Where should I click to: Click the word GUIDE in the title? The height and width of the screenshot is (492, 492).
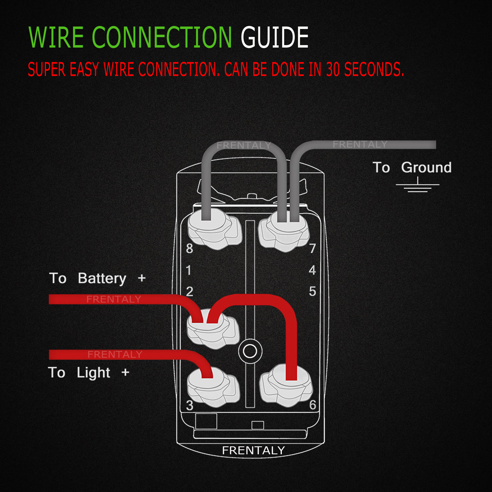(274, 37)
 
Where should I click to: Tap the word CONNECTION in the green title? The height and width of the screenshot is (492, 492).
(162, 37)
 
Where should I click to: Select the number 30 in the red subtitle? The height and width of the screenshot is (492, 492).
(333, 69)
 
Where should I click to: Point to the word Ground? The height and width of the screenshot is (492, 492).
(426, 167)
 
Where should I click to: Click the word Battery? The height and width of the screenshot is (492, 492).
(102, 279)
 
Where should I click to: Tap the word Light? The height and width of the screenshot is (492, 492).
(93, 373)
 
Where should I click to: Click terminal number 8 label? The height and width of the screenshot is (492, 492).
(189, 248)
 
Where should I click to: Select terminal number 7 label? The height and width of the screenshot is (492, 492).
(312, 248)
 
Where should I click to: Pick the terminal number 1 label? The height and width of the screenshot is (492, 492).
(188, 270)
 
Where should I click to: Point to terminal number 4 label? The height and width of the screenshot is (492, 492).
(312, 270)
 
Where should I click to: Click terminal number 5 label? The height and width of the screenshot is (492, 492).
(312, 291)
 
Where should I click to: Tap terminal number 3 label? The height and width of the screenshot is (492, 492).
(189, 405)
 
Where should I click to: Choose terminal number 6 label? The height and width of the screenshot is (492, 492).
(313, 405)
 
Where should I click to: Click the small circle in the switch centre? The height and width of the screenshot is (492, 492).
(250, 351)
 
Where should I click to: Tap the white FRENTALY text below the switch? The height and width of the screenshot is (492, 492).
(253, 450)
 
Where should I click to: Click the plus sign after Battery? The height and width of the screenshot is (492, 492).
(142, 278)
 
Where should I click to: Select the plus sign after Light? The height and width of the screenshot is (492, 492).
(125, 372)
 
